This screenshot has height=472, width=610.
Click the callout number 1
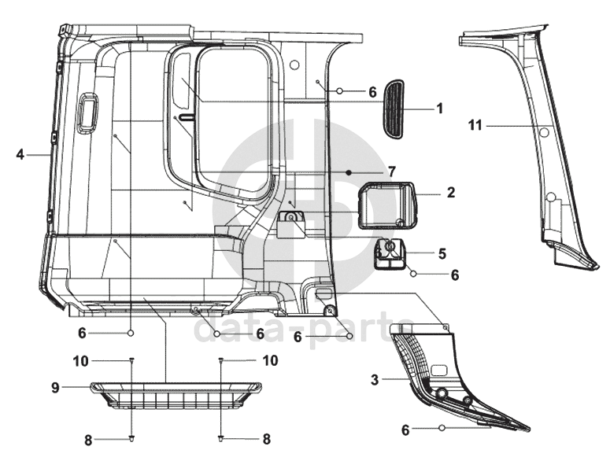(440, 109)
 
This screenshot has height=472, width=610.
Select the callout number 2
(451, 193)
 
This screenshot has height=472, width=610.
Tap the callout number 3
(375, 379)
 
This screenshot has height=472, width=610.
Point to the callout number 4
(20, 155)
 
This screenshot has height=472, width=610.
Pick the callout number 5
(442, 253)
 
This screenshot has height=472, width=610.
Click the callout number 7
(392, 171)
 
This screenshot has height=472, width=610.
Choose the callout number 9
(56, 387)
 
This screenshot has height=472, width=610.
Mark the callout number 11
(475, 126)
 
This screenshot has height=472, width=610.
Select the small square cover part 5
(390, 253)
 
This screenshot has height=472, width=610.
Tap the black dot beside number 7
(349, 172)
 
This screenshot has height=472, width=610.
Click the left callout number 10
(81, 361)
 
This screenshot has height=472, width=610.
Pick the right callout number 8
(267, 439)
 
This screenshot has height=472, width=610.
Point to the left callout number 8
(88, 441)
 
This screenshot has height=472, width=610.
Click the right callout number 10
(271, 360)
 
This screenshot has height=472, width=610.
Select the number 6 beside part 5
(455, 275)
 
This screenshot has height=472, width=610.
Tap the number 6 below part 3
(405, 430)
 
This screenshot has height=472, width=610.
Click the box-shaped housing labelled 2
(387, 205)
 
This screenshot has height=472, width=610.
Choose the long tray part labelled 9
(176, 395)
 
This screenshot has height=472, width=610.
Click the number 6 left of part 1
(372, 92)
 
